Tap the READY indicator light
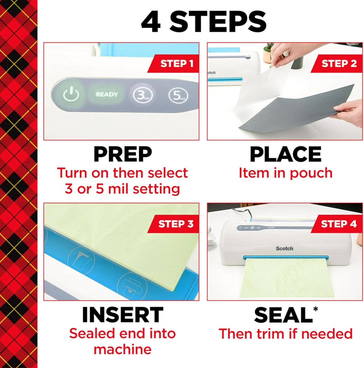coord(107,94)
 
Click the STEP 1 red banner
coord(176,64)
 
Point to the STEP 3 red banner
coord(176,224)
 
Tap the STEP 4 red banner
coord(339,224)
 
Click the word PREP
coord(123,154)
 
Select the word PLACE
coord(285,154)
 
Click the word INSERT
coord(123,315)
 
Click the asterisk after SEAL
coord(315,309)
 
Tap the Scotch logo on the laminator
coord(284,249)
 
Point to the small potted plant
coord(268,52)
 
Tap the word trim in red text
coord(271,334)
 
